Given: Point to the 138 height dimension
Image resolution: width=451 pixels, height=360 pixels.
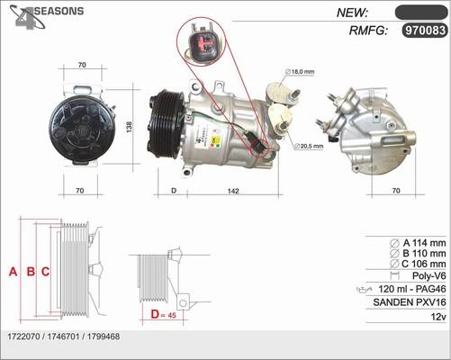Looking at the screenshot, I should click(130, 128).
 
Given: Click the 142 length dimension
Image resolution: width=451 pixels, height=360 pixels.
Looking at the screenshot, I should click(231, 191).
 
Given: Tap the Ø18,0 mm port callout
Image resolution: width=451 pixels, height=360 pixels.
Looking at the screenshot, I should click(299, 70).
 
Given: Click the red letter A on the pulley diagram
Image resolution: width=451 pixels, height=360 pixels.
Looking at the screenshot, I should click(13, 271).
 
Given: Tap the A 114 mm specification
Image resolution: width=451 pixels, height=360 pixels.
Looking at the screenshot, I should click(419, 242).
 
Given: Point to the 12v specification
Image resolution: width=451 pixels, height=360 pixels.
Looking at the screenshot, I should click(437, 318).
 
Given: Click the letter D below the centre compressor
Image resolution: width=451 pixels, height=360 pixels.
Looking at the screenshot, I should click(173, 191).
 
